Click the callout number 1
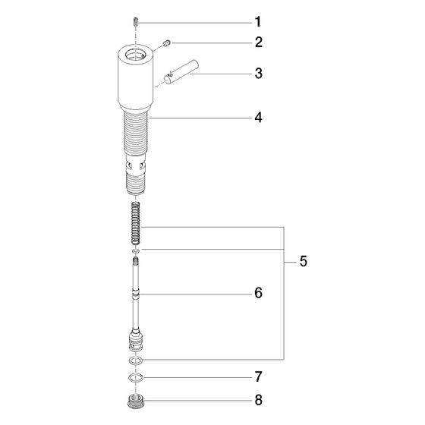[258, 22]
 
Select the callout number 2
[259, 42]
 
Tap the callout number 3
[259, 74]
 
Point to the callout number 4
[259, 118]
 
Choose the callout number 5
[304, 261]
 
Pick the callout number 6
[259, 293]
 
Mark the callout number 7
[259, 376]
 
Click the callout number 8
[259, 400]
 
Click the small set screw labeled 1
[136, 22]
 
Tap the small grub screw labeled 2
[166, 43]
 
